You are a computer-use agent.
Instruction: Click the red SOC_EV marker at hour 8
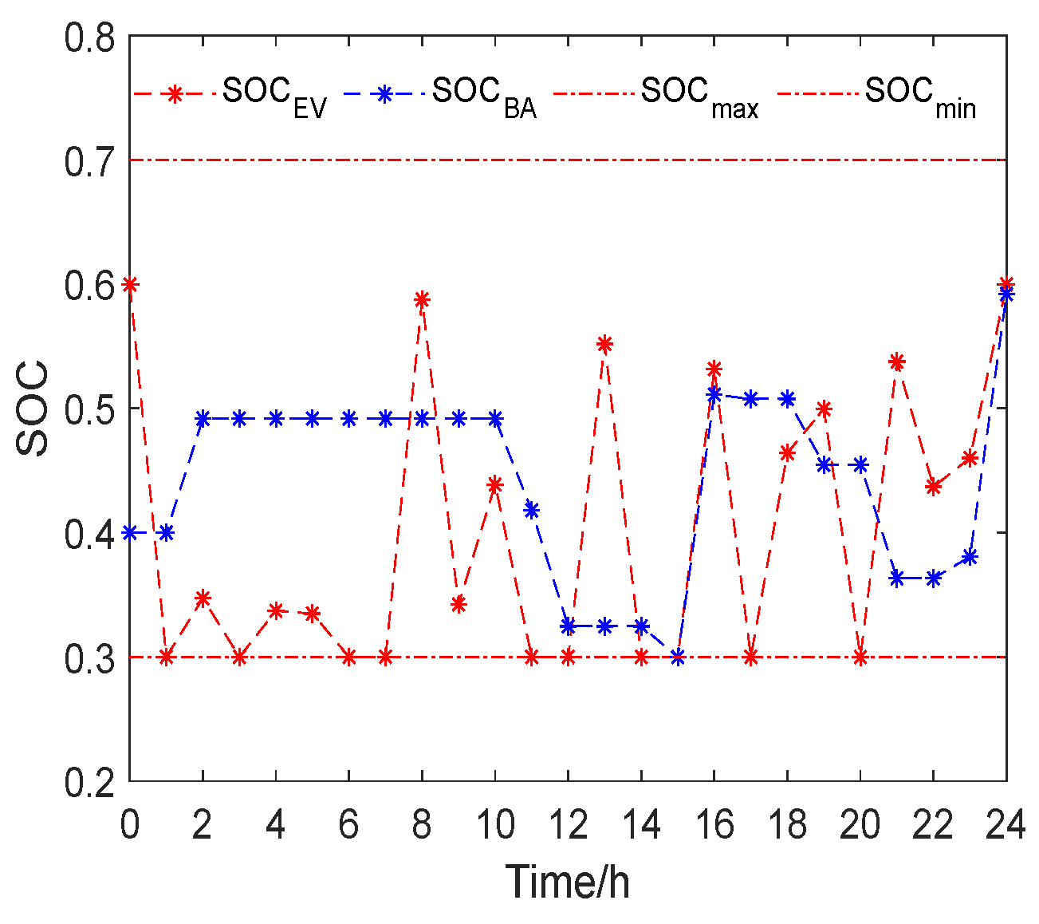(422, 299)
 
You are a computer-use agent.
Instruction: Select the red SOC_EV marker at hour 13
(604, 344)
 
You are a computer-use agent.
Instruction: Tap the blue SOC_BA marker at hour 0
(130, 532)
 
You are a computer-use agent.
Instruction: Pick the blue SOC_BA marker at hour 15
(678, 657)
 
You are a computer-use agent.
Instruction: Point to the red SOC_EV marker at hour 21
(897, 362)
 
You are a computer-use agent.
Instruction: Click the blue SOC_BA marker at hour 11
(532, 510)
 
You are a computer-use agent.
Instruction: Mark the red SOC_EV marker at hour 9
(458, 604)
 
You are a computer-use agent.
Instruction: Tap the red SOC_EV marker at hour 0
(130, 284)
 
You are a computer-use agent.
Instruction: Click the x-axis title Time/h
(568, 881)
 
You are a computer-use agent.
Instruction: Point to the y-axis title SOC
(33, 409)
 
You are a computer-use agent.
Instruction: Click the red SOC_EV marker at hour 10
(495, 484)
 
